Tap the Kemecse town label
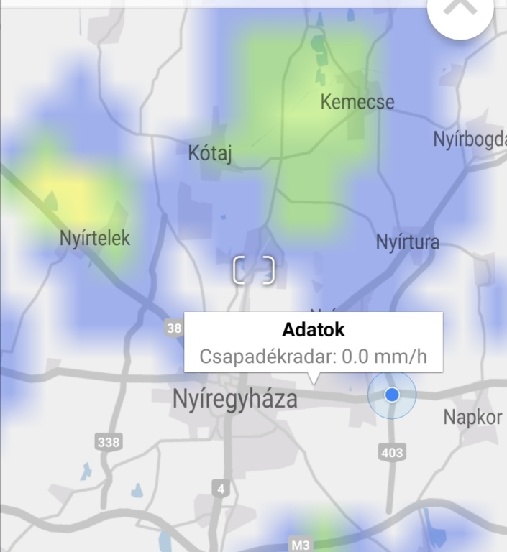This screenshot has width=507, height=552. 357,102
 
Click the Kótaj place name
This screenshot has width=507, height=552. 210,153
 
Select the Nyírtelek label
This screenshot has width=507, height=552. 95,239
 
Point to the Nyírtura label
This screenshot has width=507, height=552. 407,242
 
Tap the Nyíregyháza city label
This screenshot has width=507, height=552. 234,399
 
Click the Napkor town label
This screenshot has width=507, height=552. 472,417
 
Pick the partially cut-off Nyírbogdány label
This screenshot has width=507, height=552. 470,139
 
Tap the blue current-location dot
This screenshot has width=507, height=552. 392,395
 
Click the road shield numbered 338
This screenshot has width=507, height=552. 108,442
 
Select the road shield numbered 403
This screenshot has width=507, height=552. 391,452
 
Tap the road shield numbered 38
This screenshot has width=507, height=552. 174,328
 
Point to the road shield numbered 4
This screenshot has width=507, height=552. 221,489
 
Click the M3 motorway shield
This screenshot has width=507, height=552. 301,545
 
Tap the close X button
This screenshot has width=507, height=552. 460,9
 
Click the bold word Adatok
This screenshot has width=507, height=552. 314,330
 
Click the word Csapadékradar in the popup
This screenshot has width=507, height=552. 266,356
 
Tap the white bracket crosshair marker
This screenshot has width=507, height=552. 254,270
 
